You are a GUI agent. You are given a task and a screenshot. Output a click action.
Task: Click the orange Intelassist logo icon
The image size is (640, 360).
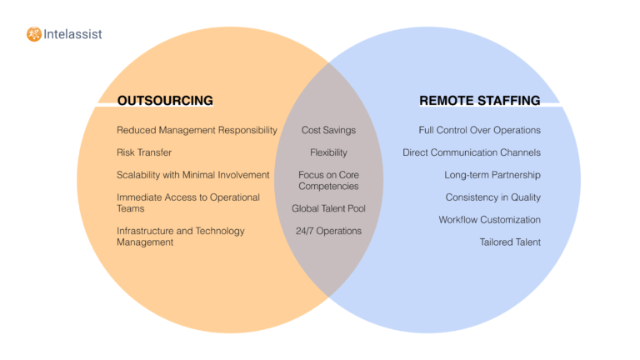pyautogui.click(x=33, y=34)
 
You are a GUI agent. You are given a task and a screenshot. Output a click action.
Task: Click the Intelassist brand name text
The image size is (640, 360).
pyautogui.click(x=72, y=34)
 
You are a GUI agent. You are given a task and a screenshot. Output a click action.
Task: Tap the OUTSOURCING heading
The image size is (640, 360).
pyautogui.click(x=165, y=101)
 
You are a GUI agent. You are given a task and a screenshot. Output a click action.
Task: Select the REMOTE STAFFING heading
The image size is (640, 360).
pyautogui.click(x=479, y=101)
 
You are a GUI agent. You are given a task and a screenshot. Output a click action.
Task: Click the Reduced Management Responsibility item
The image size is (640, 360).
pyautogui.click(x=197, y=130)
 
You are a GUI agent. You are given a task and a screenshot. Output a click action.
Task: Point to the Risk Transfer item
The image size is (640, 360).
pyautogui.click(x=144, y=152)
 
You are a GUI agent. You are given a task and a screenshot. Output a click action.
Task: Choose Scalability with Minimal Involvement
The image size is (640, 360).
pyautogui.click(x=193, y=175)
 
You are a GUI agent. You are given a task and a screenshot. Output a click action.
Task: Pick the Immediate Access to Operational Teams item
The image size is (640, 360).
pyautogui.click(x=188, y=202)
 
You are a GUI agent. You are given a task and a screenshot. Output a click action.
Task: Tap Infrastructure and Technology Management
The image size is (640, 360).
pyautogui.click(x=181, y=236)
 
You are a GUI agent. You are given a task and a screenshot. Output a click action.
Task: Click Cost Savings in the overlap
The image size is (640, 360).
pyautogui.click(x=328, y=130)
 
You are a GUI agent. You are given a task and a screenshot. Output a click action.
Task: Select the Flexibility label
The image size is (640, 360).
pyautogui.click(x=328, y=152)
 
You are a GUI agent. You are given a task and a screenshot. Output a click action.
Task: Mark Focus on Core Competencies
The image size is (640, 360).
pyautogui.click(x=328, y=180)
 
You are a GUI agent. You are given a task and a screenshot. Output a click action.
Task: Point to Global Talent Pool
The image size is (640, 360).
pyautogui.click(x=328, y=208)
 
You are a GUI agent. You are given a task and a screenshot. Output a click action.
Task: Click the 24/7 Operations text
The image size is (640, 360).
pyautogui.click(x=328, y=231)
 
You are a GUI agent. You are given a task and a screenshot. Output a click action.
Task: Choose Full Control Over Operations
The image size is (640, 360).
pyautogui.click(x=479, y=130)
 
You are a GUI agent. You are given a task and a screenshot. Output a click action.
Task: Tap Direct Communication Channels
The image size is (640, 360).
pyautogui.click(x=472, y=152)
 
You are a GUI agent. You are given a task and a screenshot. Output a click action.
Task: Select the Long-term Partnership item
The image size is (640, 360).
pyautogui.click(x=492, y=175)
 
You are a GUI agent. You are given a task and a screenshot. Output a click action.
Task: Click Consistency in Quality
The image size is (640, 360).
pyautogui.click(x=492, y=197)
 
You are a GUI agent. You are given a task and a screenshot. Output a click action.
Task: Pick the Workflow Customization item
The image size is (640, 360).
pyautogui.click(x=490, y=220)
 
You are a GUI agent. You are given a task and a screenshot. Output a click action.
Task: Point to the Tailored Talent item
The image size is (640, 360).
pyautogui.click(x=510, y=242)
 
